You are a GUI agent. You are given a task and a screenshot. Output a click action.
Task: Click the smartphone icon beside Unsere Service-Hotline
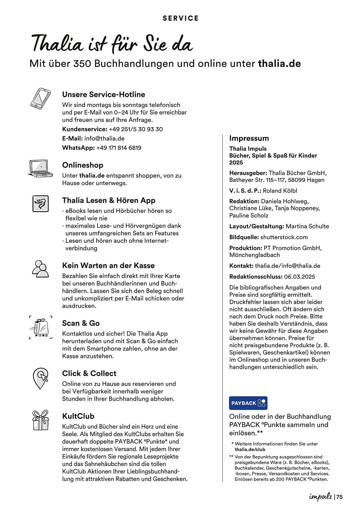[40, 99]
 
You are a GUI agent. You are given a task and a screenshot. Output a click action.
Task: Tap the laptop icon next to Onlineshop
[40, 169]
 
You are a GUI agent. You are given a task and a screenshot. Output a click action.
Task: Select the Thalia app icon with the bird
[40, 204]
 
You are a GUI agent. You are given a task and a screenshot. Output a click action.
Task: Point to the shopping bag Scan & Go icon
[40, 327]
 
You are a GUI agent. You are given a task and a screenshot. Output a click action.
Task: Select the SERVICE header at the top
[180, 18]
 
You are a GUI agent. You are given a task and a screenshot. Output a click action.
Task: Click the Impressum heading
[249, 138]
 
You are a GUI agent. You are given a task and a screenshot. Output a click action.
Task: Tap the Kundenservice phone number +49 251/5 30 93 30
[136, 129]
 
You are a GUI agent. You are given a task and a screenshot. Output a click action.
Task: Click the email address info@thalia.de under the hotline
[104, 138]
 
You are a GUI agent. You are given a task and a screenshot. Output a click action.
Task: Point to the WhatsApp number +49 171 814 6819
[119, 148]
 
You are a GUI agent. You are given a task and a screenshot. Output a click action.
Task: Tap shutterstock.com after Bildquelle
[284, 237]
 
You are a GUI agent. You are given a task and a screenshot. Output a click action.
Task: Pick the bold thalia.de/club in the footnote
[250, 449]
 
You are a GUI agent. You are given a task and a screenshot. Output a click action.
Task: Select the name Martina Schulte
[307, 226]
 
